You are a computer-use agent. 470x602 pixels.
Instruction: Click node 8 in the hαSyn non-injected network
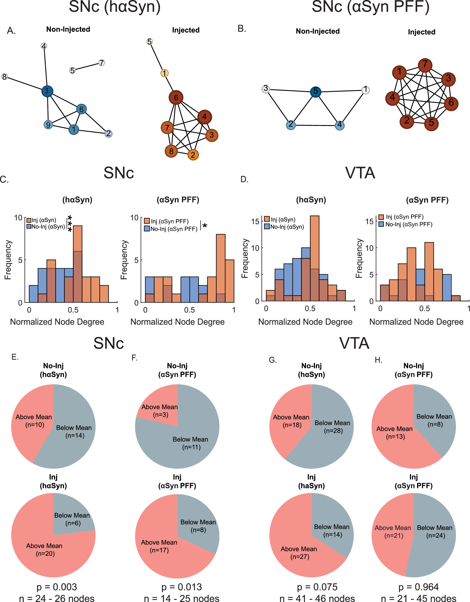point(4,77)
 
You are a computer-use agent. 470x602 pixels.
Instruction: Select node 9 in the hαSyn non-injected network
point(48,124)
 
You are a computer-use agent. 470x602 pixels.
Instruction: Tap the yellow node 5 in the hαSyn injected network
point(149,42)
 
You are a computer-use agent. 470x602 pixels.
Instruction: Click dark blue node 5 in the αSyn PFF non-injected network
point(315,91)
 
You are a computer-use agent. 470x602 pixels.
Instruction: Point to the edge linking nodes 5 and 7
point(87,66)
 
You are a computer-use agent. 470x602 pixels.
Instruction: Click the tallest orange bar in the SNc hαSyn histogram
point(78,238)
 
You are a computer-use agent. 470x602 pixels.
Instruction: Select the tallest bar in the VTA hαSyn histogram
point(315,242)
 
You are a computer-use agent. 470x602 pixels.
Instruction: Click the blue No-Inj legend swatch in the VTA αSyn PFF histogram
point(381,224)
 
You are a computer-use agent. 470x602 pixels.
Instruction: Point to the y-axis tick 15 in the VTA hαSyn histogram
point(255,221)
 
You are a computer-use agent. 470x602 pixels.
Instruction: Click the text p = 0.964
point(418,587)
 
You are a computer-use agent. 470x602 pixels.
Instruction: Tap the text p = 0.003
point(57,587)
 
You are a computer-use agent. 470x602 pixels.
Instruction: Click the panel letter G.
point(272,360)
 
